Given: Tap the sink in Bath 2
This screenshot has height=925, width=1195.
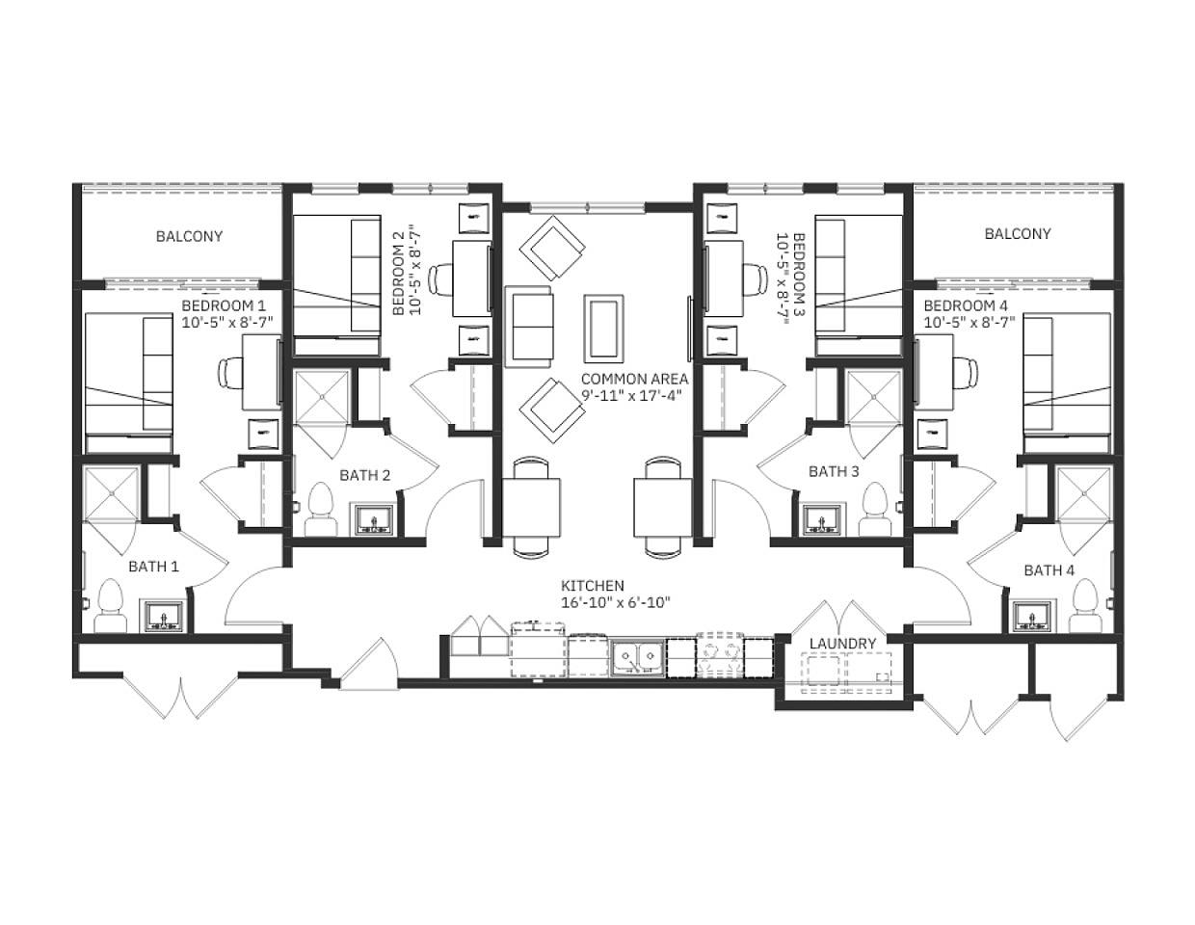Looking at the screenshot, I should (x=371, y=519).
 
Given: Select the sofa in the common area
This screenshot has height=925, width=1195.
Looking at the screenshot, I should (x=529, y=326).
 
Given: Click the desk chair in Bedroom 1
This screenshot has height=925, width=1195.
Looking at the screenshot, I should (x=232, y=371).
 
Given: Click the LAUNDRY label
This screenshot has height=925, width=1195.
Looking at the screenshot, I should (x=842, y=644).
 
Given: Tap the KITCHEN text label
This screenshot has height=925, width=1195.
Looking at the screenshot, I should (x=593, y=586).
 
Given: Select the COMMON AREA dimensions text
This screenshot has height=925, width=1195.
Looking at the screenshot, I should (x=633, y=395).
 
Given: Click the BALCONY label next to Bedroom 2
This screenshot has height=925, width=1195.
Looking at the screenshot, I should (x=189, y=236).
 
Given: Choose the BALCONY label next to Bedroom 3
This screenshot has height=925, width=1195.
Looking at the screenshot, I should (x=1018, y=234).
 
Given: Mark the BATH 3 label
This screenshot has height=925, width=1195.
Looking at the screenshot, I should (x=834, y=471).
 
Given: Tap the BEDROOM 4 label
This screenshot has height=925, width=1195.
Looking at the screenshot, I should (x=966, y=306).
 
